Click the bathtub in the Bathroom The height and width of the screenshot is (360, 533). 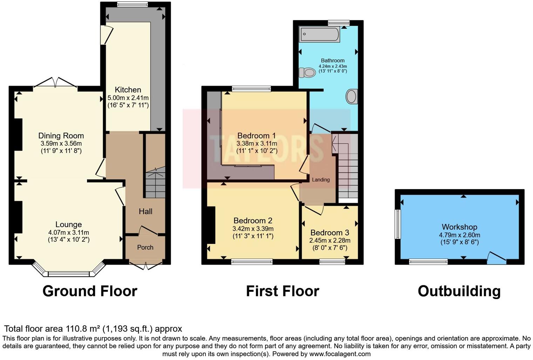[x=319, y=34]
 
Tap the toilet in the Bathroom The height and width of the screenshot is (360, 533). [x=307, y=73]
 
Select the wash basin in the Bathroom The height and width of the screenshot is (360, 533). [x=352, y=96]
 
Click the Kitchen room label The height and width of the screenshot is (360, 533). [x=128, y=90]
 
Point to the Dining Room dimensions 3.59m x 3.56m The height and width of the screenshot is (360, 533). [x=61, y=144]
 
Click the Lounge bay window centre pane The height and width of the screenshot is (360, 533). [x=69, y=274]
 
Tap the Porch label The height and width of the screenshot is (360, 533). [x=145, y=247]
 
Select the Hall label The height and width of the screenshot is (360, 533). [x=146, y=211]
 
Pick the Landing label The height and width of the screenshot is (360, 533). [x=321, y=180]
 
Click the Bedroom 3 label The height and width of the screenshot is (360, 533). [x=330, y=233]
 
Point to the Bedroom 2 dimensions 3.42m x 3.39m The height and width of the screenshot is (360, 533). [x=253, y=229]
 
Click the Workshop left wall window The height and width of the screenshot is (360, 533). [x=398, y=224]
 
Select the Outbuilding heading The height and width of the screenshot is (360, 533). [x=459, y=291]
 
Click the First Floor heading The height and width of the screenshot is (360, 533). [x=282, y=291]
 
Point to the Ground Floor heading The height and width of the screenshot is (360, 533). [x=90, y=291]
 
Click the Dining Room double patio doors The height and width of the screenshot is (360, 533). [x=55, y=83]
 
